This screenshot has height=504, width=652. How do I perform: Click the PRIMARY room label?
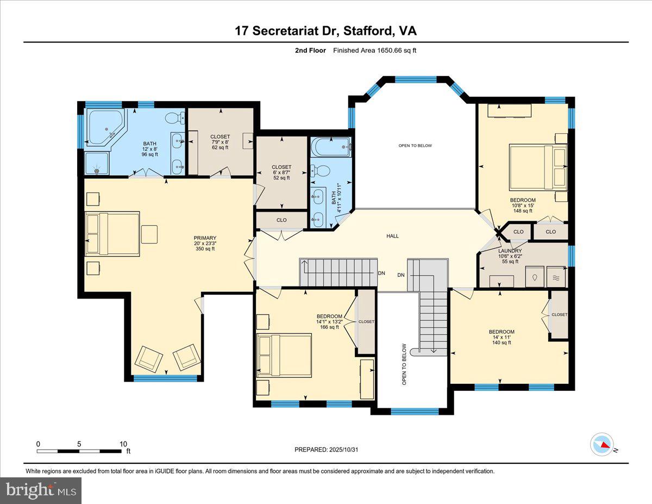pyautogui.click(x=205, y=243)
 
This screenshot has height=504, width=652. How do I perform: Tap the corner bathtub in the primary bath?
pyautogui.click(x=105, y=127)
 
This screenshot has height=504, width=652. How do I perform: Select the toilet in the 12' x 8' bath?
pyautogui.click(x=174, y=118)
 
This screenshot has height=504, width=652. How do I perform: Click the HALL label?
pyautogui.click(x=392, y=236)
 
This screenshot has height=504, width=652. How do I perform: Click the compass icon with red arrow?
pyautogui.click(x=602, y=444)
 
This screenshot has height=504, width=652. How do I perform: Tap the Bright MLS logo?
pyautogui.click(x=41, y=490)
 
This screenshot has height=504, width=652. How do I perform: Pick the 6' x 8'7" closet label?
pyautogui.click(x=281, y=172)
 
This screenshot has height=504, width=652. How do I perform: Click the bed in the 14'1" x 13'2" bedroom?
pyautogui.click(x=284, y=355)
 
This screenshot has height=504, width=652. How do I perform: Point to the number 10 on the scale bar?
pyautogui.click(x=123, y=444)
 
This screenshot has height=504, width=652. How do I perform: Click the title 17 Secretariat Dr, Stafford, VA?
pyautogui.click(x=325, y=30)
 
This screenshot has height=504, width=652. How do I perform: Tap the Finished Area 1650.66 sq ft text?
pyautogui.click(x=374, y=51)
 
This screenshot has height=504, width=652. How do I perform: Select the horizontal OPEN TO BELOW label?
pyautogui.click(x=415, y=146)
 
